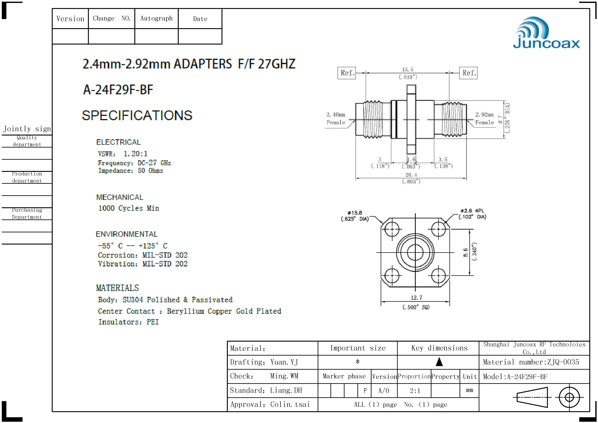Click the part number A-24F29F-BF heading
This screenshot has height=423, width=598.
click(118, 90)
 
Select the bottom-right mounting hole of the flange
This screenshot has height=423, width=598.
click(439, 275)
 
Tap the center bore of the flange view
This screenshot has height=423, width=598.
click(415, 252)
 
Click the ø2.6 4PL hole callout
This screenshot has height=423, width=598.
click(472, 211)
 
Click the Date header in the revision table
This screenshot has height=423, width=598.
click(200, 19)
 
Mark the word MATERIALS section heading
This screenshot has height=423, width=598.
click(117, 288)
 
